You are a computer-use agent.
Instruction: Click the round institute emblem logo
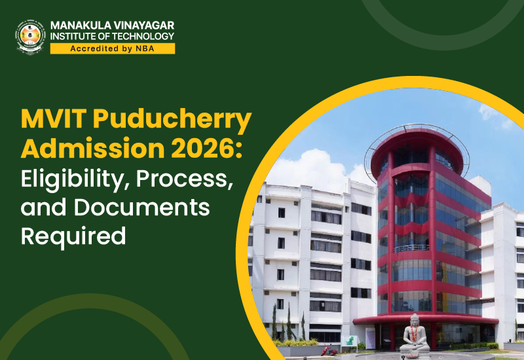pyautogui.click(x=30, y=37)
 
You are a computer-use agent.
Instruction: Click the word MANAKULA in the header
pyautogui.click(x=81, y=26)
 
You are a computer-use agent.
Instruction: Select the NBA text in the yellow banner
pyautogui.click(x=145, y=48)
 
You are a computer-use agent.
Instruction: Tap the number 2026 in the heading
pyautogui.click(x=204, y=149)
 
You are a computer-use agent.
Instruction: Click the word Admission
pyautogui.click(x=93, y=149)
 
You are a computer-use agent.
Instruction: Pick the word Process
pyautogui.click(x=185, y=179)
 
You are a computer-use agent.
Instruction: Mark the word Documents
pyautogui.click(x=141, y=207)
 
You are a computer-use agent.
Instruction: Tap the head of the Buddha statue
pyautogui.click(x=415, y=319)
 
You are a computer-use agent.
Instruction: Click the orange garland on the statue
pyautogui.click(x=415, y=333)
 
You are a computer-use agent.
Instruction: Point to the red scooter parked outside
pyautogui.click(x=329, y=351)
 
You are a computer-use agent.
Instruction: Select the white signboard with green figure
pyautogui.click(x=349, y=341)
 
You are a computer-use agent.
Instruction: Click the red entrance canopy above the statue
pyautogui.click(x=425, y=319)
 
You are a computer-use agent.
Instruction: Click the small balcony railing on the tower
pyautogui.click(x=411, y=248)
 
